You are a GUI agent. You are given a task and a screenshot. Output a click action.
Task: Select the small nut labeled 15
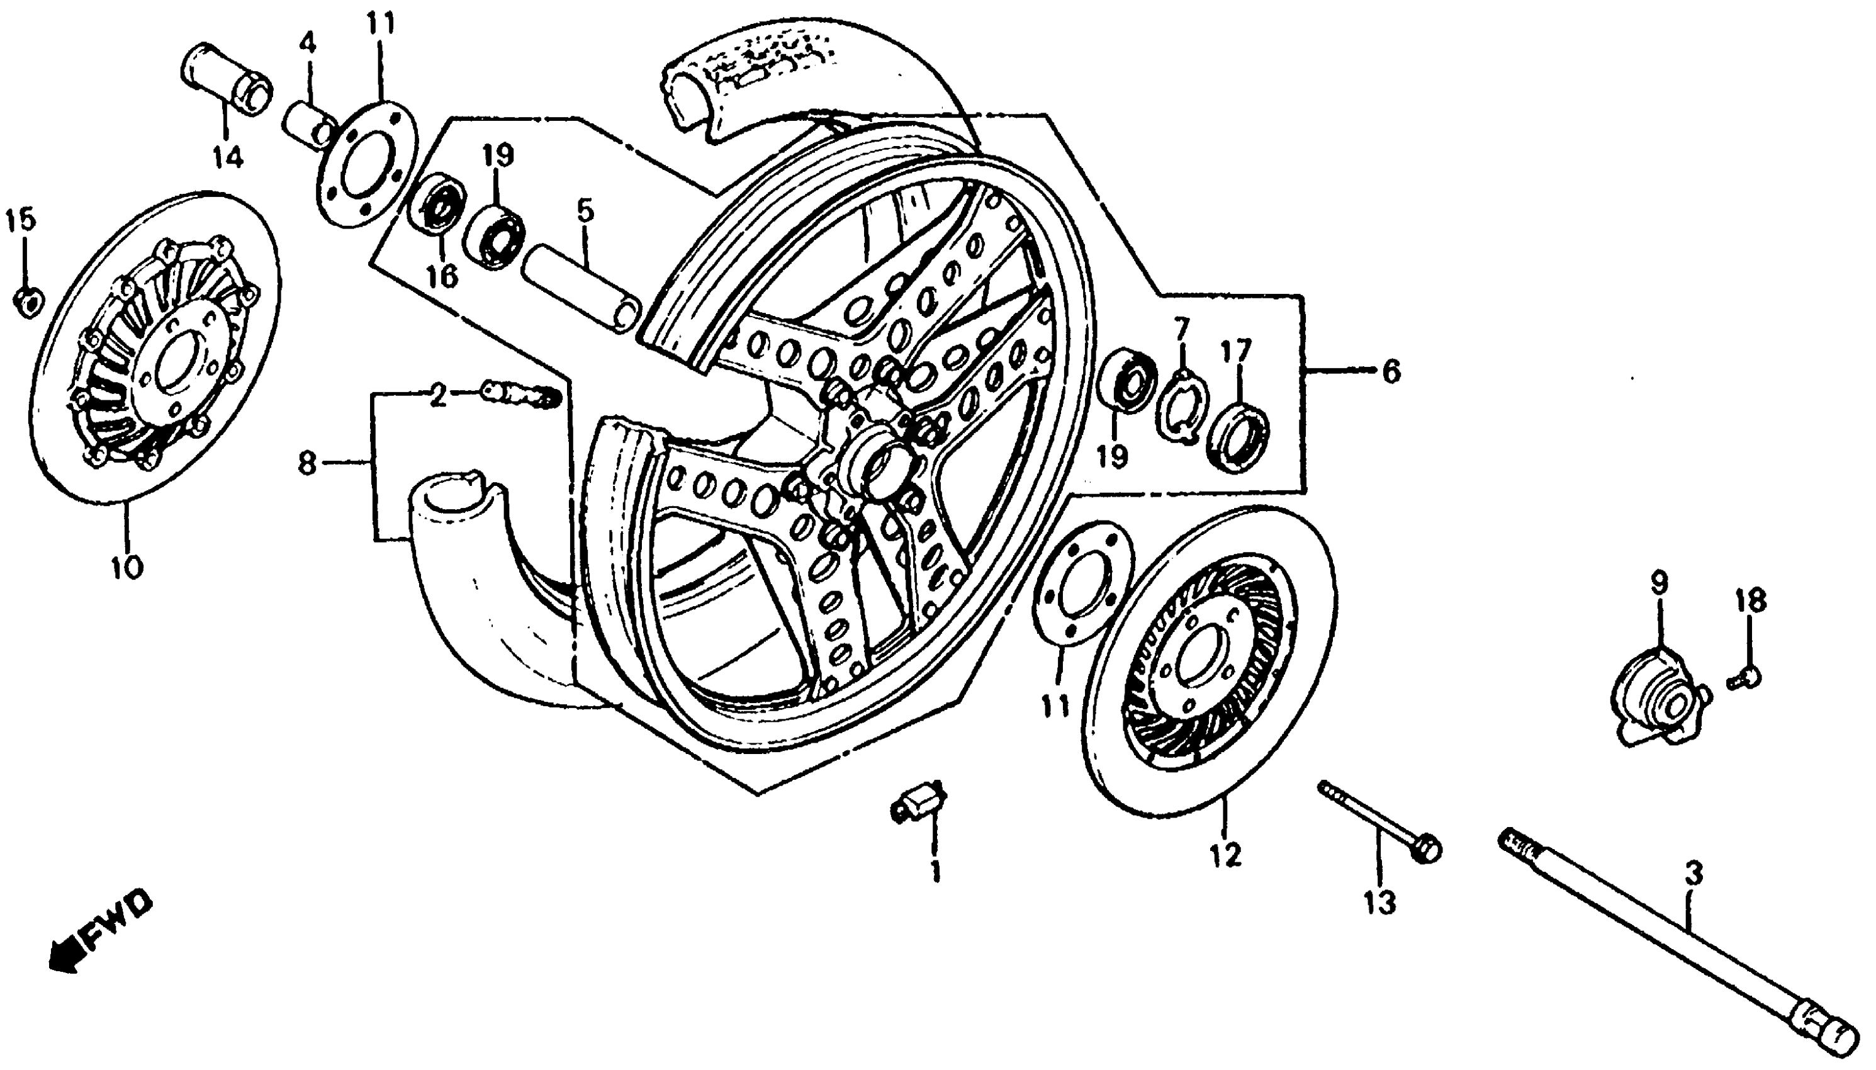28,302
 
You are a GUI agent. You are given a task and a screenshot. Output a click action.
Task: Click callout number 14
228,157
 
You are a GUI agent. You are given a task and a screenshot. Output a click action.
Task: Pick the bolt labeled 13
1381,823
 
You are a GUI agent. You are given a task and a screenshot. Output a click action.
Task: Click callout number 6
1390,373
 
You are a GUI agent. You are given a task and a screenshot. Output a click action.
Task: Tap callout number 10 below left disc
127,566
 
